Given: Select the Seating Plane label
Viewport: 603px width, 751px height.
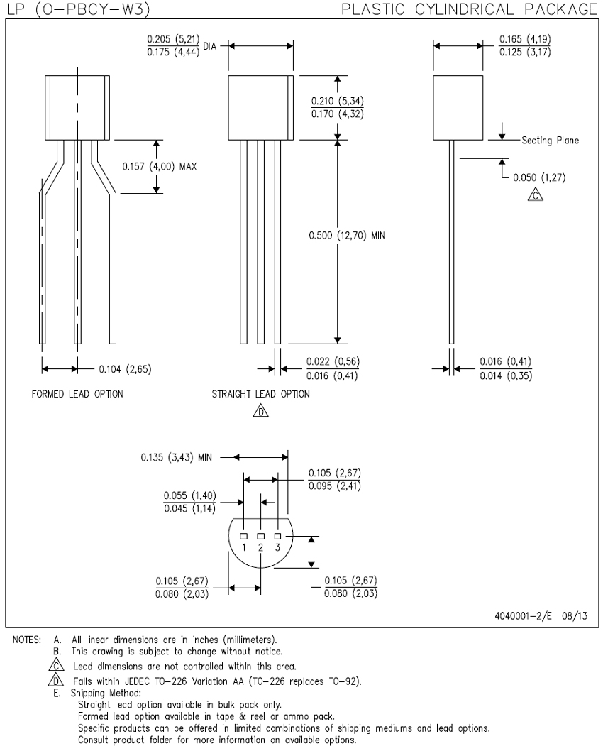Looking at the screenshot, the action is point(550,141).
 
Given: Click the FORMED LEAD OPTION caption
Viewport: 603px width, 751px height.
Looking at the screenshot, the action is point(77,394).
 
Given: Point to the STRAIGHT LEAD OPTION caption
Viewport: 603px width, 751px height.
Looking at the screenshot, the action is point(261,394).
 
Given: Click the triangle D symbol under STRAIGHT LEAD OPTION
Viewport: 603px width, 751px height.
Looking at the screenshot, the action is point(261,411).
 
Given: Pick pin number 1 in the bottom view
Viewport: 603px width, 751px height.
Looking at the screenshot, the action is point(243,547).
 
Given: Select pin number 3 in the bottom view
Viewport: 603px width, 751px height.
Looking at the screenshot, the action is point(277,547).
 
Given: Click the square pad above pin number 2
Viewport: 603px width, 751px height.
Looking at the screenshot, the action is point(261,536).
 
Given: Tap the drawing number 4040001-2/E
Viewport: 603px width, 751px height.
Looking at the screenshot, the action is point(523,616).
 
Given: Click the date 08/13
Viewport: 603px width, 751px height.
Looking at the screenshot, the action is point(575,616).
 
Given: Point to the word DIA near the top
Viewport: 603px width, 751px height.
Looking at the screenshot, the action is point(210,46).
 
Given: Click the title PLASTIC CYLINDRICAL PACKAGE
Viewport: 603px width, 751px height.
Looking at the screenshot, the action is point(470,9).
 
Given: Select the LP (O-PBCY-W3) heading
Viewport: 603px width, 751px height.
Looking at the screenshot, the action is point(79,9).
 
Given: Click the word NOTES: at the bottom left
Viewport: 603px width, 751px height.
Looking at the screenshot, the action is point(27,640).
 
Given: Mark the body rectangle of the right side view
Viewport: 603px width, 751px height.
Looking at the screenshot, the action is point(458,108).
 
